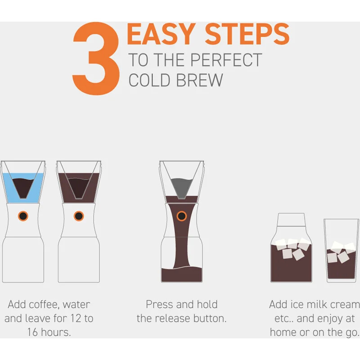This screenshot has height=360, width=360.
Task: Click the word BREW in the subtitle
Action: coord(200,80)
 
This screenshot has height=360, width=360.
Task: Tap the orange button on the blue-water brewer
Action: coord(23,216)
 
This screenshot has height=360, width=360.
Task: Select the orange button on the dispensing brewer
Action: coord(181,216)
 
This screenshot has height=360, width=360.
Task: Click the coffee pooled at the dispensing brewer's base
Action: coord(181,274)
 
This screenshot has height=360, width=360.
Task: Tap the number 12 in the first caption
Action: coord(75,319)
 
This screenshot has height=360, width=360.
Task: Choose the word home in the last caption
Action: coord(285,333)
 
